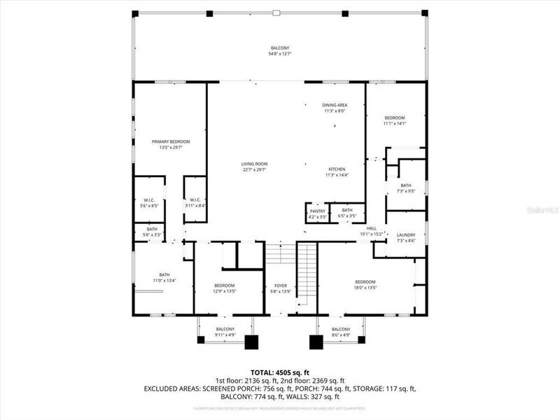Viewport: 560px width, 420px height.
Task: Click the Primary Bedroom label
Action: pyautogui.click(x=171, y=141)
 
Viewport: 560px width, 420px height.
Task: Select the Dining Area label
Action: pyautogui.click(x=335, y=104)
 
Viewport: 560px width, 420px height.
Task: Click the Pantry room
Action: pyautogui.click(x=317, y=213)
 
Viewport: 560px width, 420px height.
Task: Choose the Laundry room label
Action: pyautogui.click(x=406, y=234)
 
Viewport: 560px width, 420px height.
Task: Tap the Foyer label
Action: pyautogui.click(x=281, y=286)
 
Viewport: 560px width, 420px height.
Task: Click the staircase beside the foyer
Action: pyautogui.click(x=307, y=273)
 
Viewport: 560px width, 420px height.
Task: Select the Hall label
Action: pyautogui.click(x=372, y=228)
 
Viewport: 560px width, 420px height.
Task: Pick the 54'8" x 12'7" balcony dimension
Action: pyautogui.click(x=280, y=53)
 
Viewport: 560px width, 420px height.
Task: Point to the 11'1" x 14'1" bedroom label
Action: pyautogui.click(x=395, y=120)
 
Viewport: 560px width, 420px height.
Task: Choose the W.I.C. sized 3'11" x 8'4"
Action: pyautogui.click(x=195, y=203)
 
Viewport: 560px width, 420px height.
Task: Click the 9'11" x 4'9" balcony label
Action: pyautogui.click(x=225, y=332)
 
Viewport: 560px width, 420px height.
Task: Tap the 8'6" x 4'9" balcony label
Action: pyautogui.click(x=341, y=332)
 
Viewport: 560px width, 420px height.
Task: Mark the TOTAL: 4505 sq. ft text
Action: pyautogui.click(x=280, y=372)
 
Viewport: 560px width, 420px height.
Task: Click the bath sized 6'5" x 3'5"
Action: pyautogui.click(x=347, y=213)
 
